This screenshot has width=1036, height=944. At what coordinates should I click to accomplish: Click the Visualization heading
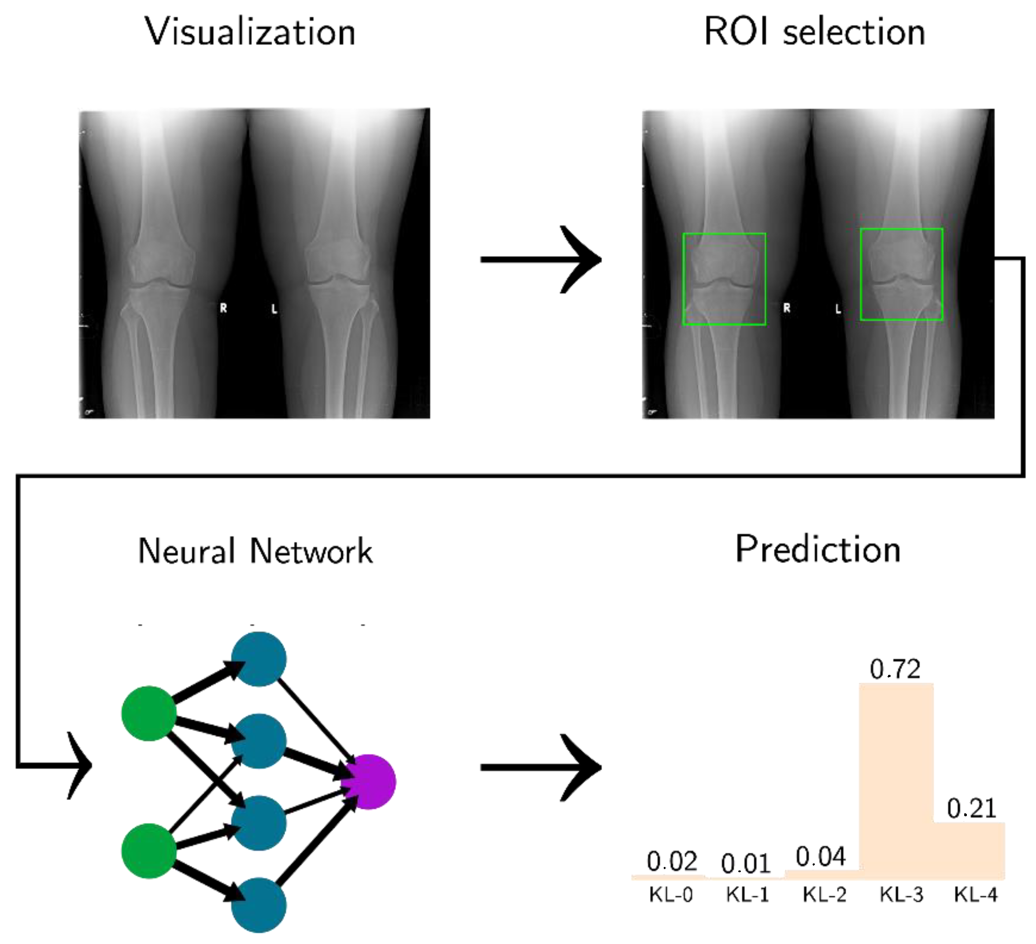coord(250,32)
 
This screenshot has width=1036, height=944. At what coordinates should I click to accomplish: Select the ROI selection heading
coord(814,32)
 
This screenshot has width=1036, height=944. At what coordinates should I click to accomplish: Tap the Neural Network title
coord(255,552)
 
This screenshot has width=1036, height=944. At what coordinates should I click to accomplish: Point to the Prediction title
coord(818,550)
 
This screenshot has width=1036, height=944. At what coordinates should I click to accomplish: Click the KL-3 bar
coord(896,781)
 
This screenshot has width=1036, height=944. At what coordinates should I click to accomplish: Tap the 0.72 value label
coord(895,670)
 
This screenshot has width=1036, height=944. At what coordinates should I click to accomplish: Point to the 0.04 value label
coord(820,857)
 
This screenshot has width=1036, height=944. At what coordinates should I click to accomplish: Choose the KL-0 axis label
coord(670,895)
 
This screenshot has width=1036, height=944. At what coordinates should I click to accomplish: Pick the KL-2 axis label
coord(824,895)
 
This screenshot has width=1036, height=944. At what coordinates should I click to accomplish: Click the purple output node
coord(369,781)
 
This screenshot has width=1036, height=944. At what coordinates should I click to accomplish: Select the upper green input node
coord(149,713)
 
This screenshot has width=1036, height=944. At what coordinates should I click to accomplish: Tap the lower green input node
coord(149,851)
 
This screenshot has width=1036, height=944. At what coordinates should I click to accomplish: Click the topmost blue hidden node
coord(259,659)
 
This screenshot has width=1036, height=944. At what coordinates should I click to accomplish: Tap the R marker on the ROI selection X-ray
coord(787,308)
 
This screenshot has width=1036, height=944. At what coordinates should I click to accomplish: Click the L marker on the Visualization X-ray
coord(274,309)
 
